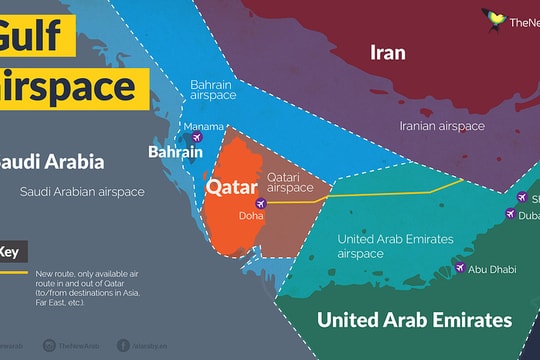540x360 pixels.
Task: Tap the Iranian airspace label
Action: (443, 126)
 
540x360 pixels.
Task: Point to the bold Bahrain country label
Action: (176, 153)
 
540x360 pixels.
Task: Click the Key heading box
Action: (12, 252)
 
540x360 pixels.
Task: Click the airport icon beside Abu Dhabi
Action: (459, 268)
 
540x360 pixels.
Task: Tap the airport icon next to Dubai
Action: (511, 215)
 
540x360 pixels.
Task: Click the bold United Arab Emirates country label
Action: (413, 320)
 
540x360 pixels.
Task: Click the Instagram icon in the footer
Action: (48, 345)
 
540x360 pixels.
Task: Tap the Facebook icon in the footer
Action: (122, 345)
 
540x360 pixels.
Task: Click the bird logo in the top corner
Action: (492, 18)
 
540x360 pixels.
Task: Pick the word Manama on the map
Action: (203, 126)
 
